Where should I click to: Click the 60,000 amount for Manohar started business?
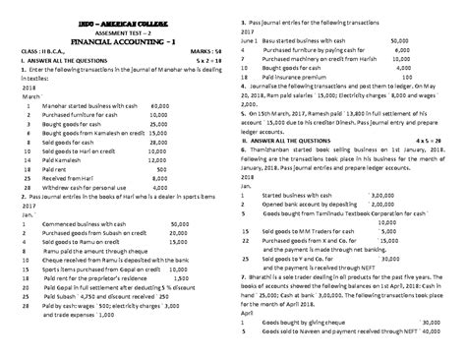coord(161,105)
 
